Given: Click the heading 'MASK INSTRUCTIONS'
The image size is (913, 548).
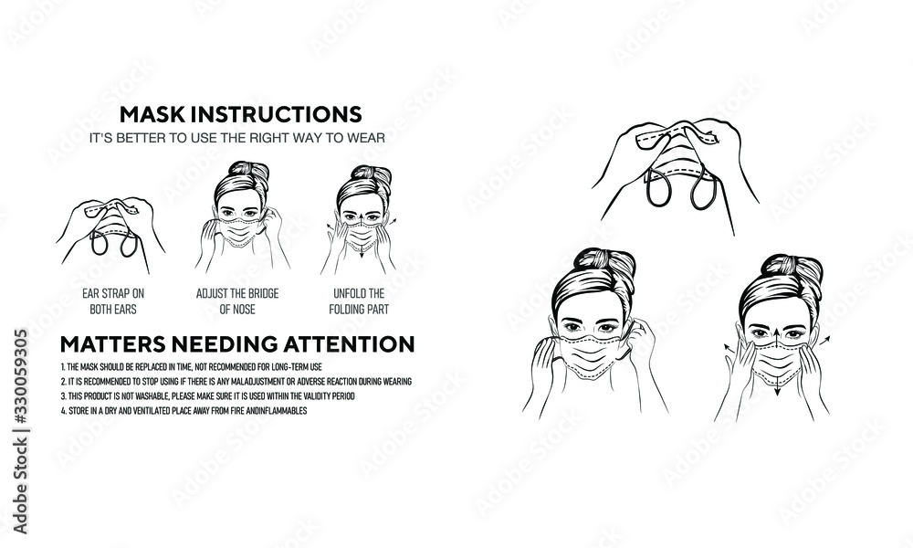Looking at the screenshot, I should coord(241,115).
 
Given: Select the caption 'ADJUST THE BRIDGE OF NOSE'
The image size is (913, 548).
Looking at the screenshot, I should coord(236,300).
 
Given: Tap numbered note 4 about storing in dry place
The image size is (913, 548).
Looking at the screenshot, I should coord(183,411).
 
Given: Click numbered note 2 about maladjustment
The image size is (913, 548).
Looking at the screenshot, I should coord(236,380).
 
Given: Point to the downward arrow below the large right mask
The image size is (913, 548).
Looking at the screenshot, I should coord(778,390).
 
